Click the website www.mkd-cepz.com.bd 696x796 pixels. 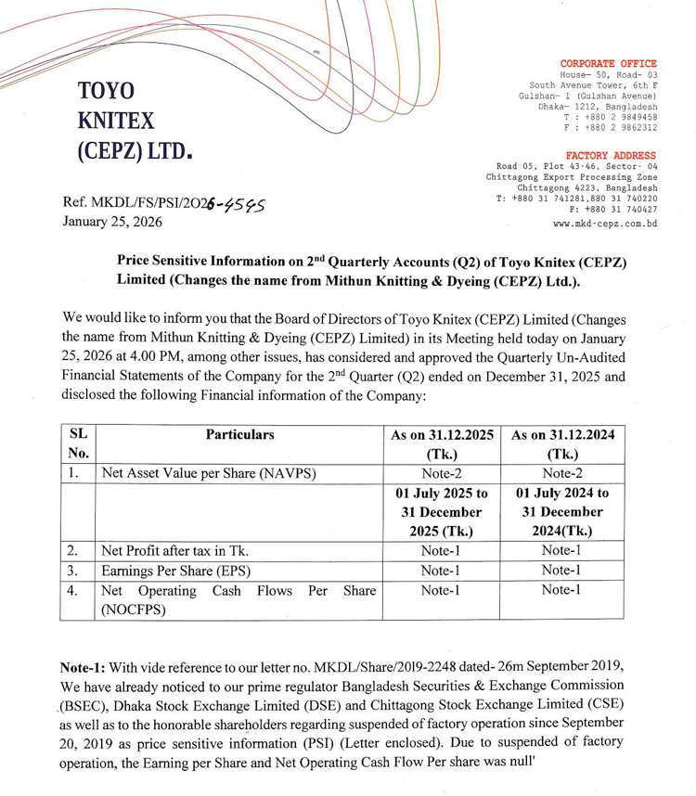click(605, 224)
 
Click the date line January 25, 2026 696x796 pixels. click(111, 222)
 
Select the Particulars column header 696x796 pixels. click(239, 434)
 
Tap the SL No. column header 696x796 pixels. click(78, 443)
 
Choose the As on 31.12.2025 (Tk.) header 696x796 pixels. click(441, 444)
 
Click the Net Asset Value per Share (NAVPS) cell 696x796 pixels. click(209, 473)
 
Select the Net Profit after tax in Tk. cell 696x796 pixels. click(175, 549)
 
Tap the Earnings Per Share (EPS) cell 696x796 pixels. click(176, 570)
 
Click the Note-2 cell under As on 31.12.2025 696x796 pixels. click(441, 473)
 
